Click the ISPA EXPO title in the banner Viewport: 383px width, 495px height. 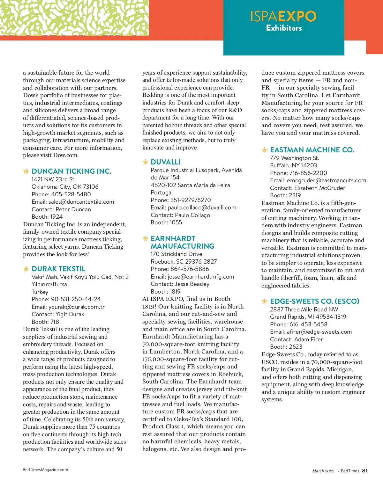tap(283, 16)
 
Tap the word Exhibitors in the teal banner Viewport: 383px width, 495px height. tap(284, 28)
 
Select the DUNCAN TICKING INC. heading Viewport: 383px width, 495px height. tap(71, 171)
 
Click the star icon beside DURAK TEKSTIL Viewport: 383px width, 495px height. tap(26, 269)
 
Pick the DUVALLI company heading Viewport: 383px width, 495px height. tap(166, 162)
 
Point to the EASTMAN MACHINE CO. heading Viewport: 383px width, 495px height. tap(312, 150)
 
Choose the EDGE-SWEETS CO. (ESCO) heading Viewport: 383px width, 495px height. tap(314, 301)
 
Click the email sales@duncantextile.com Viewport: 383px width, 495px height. tap(81, 202)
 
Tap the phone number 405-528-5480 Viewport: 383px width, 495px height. tap(71, 194)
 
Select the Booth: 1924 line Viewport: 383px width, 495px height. tap(47, 217)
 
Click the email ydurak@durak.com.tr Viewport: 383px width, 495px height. tap(76, 307)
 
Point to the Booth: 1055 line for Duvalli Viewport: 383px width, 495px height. tap(166, 222)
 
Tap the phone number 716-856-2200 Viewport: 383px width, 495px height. tap(308, 173)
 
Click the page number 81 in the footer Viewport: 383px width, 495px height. tap(365, 471)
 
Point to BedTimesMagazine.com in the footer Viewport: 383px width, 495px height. tap(45, 470)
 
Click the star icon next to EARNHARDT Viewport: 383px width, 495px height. tap(146, 238)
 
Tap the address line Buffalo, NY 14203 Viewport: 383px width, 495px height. tap(293, 165)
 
